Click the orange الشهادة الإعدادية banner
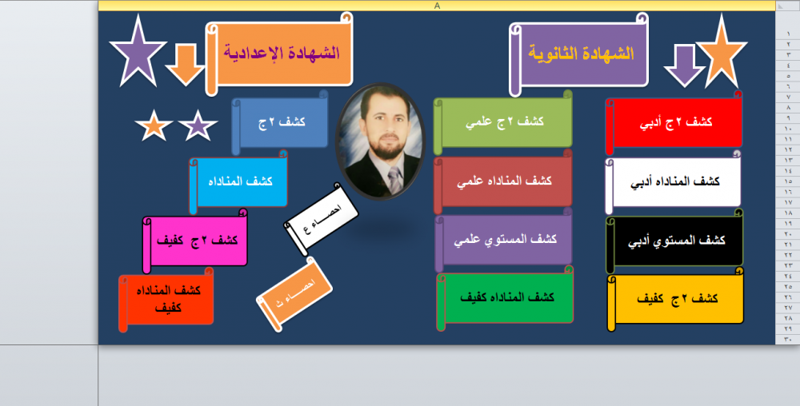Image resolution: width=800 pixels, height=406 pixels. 279,54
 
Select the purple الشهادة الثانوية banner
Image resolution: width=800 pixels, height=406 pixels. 579,54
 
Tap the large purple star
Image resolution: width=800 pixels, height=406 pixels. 138,54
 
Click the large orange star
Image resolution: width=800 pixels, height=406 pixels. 722,54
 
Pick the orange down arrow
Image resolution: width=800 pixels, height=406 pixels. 186,64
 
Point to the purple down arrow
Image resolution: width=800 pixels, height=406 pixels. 684,66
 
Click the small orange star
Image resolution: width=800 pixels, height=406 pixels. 154,125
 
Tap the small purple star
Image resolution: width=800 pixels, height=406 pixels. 198,125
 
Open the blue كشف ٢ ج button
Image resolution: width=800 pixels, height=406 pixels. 280,122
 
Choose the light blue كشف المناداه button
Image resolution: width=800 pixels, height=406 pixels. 238,182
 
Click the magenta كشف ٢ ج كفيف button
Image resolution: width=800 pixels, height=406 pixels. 195,241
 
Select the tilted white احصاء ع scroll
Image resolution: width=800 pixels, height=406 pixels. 321,220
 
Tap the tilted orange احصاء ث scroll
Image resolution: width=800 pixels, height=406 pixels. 294,294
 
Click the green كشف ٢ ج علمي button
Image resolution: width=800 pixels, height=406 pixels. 503,122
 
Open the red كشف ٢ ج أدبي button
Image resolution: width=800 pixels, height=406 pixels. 674,123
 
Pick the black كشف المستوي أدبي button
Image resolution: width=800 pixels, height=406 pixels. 674,241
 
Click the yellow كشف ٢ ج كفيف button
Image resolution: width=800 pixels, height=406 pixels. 675,299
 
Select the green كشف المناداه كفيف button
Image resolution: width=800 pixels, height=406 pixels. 505,298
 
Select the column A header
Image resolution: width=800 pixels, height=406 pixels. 437,6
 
